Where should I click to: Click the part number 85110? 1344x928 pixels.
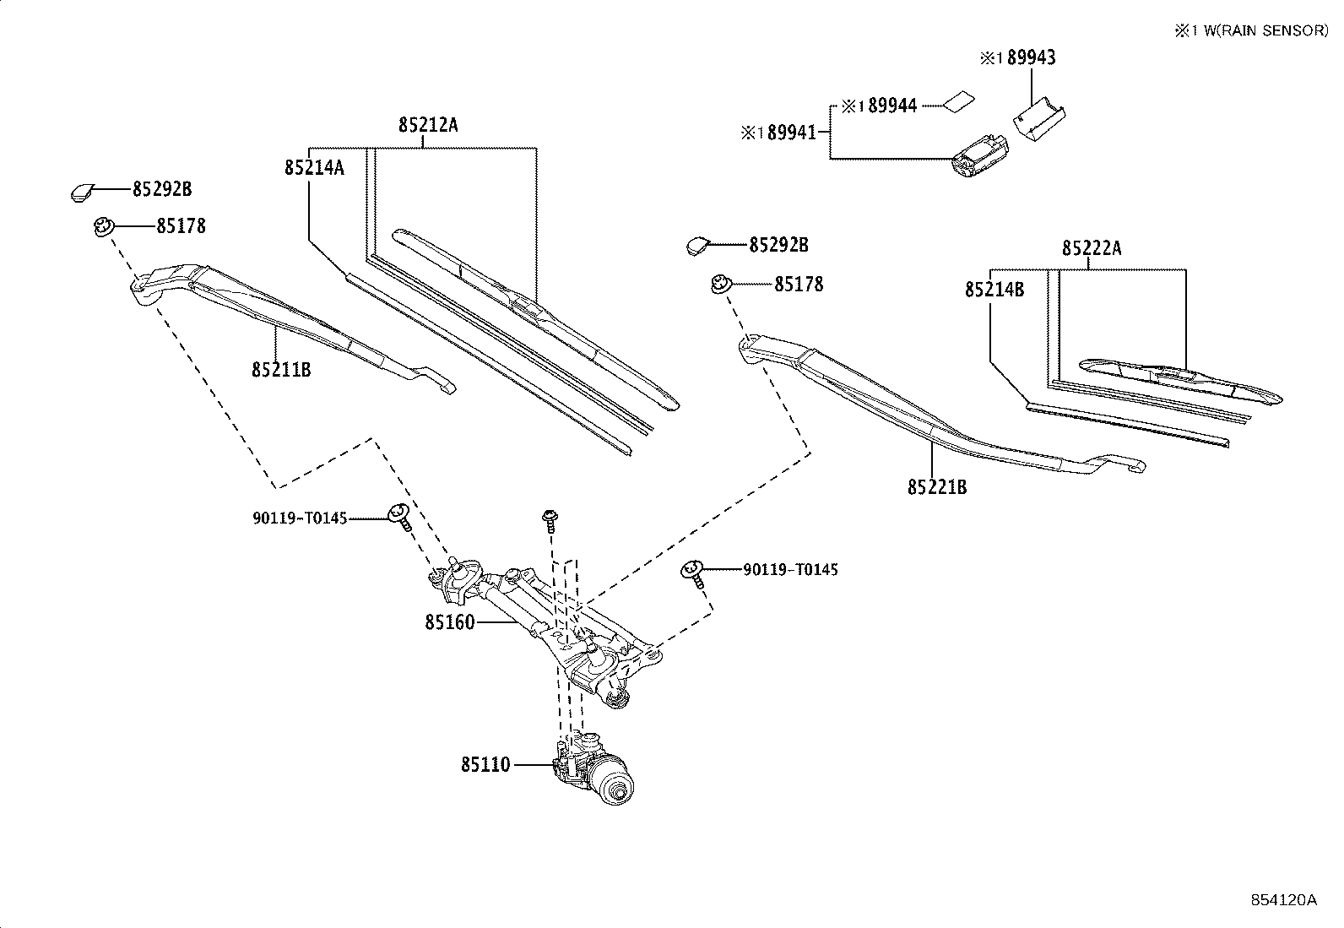pos(485,765)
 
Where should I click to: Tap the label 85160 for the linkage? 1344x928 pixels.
pos(449,622)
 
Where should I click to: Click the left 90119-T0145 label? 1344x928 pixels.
pos(300,518)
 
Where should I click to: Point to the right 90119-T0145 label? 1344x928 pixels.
pos(790,570)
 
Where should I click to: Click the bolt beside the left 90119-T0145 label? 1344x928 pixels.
pos(399,515)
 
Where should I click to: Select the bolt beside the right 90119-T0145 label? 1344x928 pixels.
pos(692,573)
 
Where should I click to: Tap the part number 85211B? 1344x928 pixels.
pos(280,369)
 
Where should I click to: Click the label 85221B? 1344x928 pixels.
pos(937,487)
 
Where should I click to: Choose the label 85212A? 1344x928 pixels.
pos(428,125)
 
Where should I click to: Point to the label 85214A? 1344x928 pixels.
pos(314,167)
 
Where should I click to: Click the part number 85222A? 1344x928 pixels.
pos(1092,248)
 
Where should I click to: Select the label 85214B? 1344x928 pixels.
pos(994,290)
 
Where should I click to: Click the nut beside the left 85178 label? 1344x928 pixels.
pos(103,226)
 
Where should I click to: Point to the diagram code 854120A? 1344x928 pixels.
pos(1283,900)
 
